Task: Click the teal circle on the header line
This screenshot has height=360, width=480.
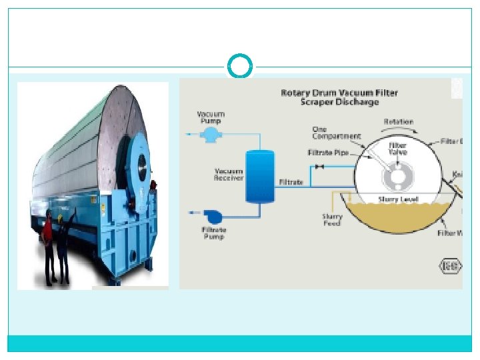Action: tap(240, 67)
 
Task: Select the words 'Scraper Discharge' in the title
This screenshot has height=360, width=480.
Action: tap(339, 102)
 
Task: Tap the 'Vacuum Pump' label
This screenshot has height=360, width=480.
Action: tap(211, 117)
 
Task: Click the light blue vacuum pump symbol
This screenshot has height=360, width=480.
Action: tap(211, 135)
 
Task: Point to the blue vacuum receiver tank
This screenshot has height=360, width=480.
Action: tap(259, 176)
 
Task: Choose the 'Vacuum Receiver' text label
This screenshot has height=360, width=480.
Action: tap(228, 174)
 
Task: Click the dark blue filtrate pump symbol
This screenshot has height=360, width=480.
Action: tap(214, 216)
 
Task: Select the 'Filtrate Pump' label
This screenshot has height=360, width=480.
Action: tap(213, 233)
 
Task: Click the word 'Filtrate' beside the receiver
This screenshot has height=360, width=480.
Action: tap(291, 181)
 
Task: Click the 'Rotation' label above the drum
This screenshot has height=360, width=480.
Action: tap(398, 122)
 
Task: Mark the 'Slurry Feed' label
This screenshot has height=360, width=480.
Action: tap(332, 220)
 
